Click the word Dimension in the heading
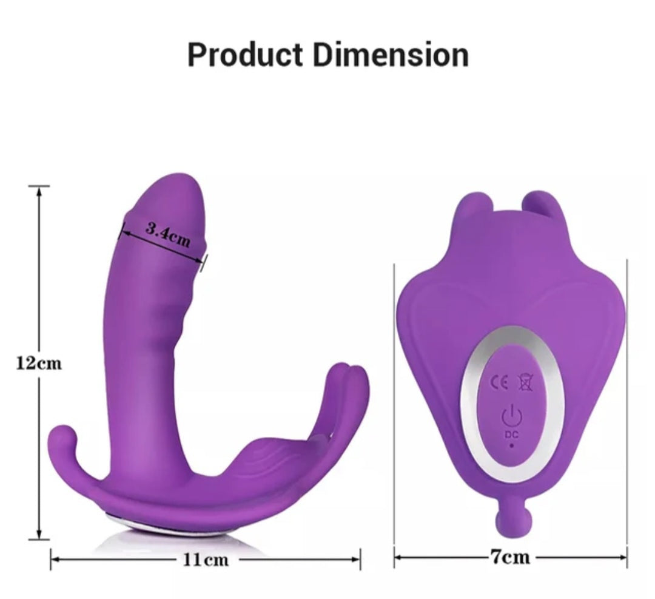pyautogui.click(x=391, y=55)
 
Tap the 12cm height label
pyautogui.click(x=39, y=363)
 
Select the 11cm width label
pyautogui.click(x=206, y=560)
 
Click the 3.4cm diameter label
pyautogui.click(x=169, y=234)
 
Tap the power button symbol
pyautogui.click(x=511, y=416)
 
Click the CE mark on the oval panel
pyautogui.click(x=500, y=382)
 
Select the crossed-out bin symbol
pyautogui.click(x=525, y=382)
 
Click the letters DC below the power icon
pyautogui.click(x=511, y=435)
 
